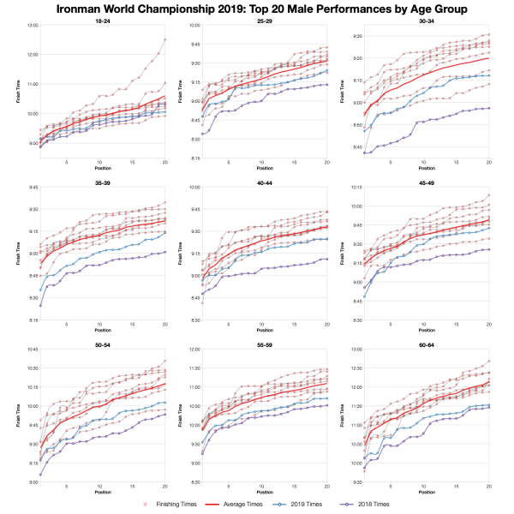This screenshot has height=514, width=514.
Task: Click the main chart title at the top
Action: [257, 9]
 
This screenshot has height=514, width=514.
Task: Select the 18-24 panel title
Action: [102, 21]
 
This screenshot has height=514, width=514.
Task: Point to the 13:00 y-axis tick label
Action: [33, 26]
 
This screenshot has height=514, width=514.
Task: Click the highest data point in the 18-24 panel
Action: [164, 39]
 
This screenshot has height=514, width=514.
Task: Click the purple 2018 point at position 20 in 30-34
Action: [489, 108]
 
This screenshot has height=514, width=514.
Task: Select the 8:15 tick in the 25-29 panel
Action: [196, 158]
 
